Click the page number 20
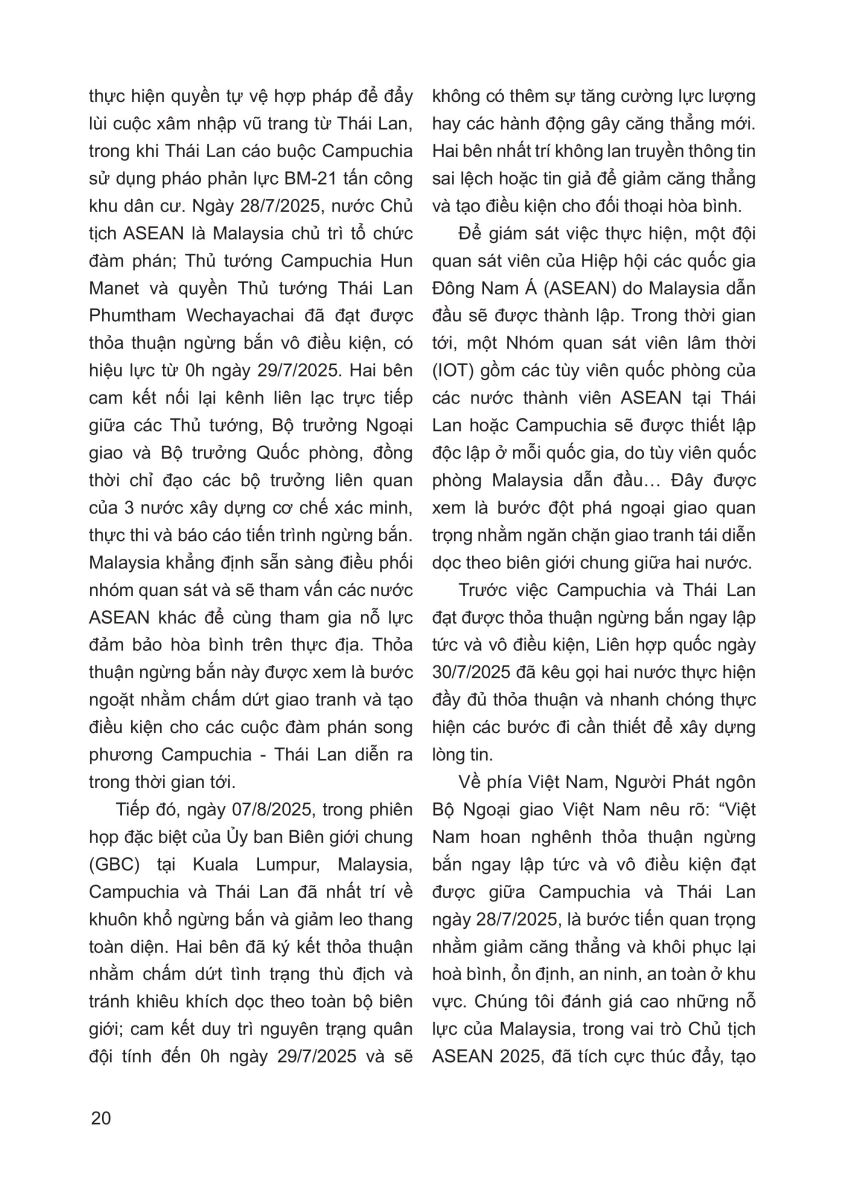[x=100, y=1117]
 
